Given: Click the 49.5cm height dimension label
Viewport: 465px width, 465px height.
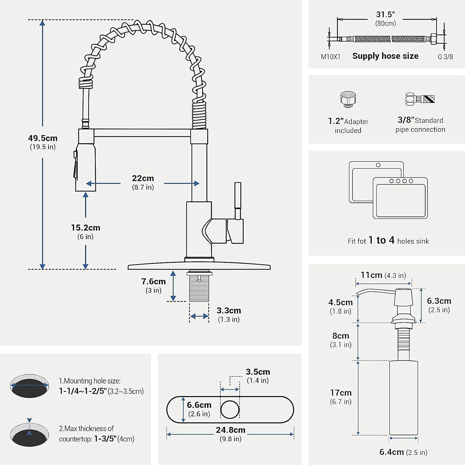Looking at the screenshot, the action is (43, 142).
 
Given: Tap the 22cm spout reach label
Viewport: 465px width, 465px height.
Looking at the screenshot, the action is (143, 182).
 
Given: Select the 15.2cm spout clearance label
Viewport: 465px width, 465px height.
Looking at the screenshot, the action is (86, 232).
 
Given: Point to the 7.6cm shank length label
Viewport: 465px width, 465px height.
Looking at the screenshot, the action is (153, 285).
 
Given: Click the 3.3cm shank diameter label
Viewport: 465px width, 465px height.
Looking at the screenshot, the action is (229, 314).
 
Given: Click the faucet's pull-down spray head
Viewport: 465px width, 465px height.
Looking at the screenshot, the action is (84, 167).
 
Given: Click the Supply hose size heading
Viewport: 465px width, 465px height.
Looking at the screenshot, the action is (385, 56).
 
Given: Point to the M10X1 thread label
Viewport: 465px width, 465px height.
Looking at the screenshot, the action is (330, 57).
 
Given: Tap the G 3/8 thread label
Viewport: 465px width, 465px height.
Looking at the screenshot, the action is (445, 57).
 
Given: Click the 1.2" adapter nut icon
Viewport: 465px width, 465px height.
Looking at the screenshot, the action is (348, 99).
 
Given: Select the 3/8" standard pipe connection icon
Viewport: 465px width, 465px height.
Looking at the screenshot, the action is (420, 99).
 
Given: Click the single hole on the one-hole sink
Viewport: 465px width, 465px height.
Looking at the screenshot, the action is (378, 165).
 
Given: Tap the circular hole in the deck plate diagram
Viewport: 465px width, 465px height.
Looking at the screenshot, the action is (230, 410).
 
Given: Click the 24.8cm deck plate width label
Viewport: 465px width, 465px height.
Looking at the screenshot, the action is (231, 434).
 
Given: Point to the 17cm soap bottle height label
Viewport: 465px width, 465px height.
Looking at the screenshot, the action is (341, 397).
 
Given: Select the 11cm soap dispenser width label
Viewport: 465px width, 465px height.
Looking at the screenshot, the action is (383, 275).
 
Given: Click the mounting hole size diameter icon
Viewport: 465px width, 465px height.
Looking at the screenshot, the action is (29, 386).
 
